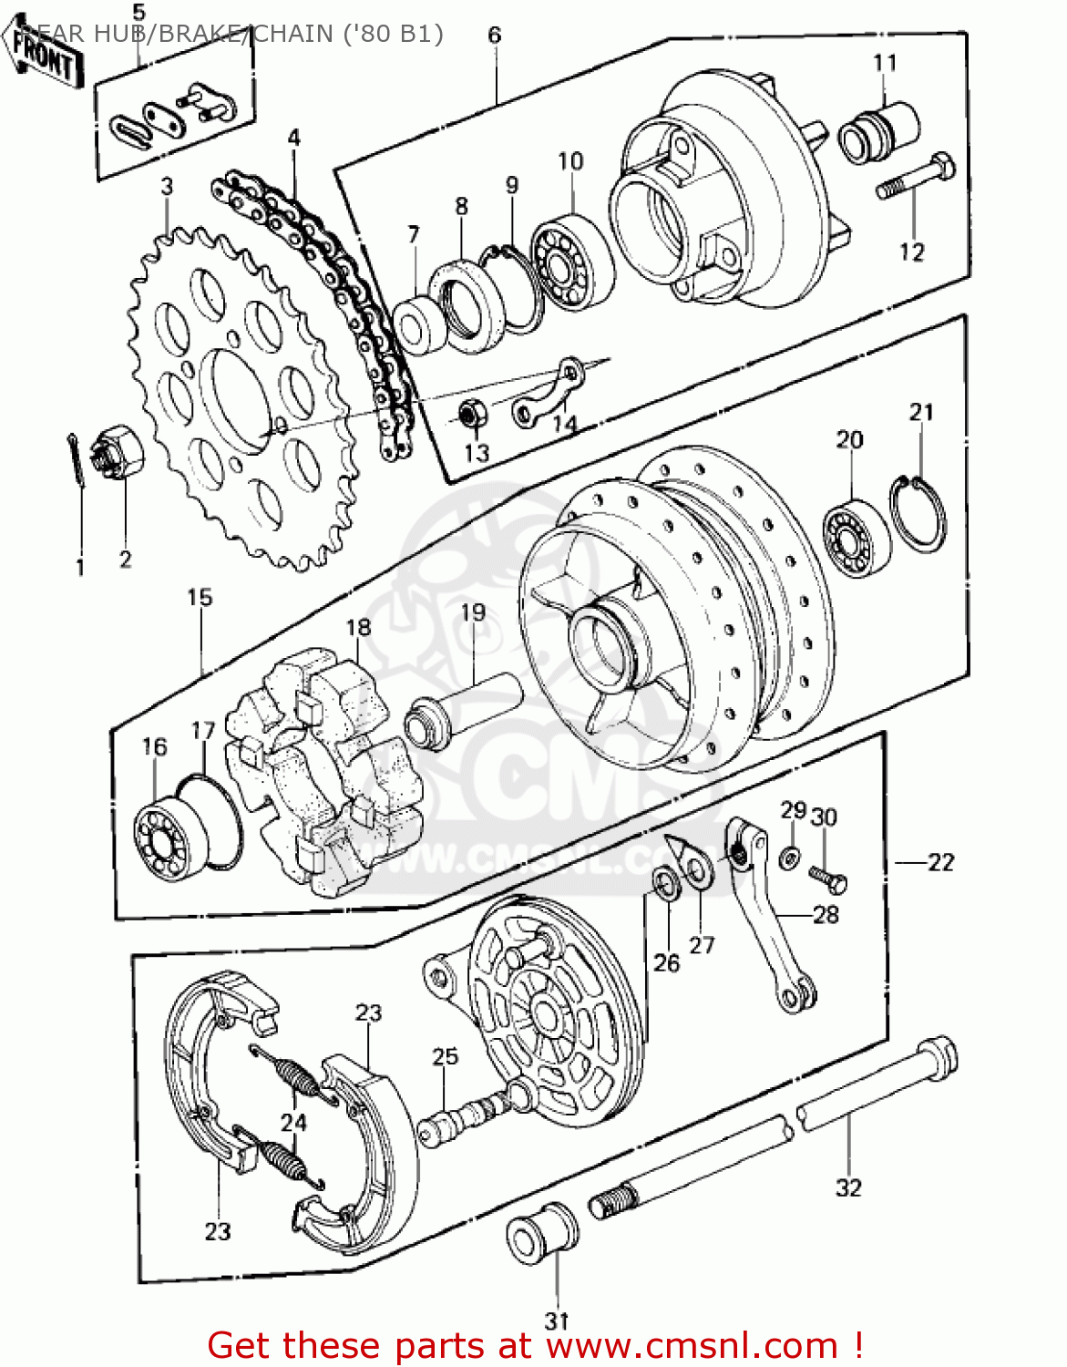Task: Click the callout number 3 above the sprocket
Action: [x=167, y=187]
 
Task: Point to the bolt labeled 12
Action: [x=916, y=180]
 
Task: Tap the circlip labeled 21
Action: [x=918, y=515]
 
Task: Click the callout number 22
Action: [x=940, y=862]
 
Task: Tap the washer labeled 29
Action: [x=790, y=857]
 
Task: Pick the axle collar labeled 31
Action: [x=542, y=1232]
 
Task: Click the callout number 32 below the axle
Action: [x=848, y=1187]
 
